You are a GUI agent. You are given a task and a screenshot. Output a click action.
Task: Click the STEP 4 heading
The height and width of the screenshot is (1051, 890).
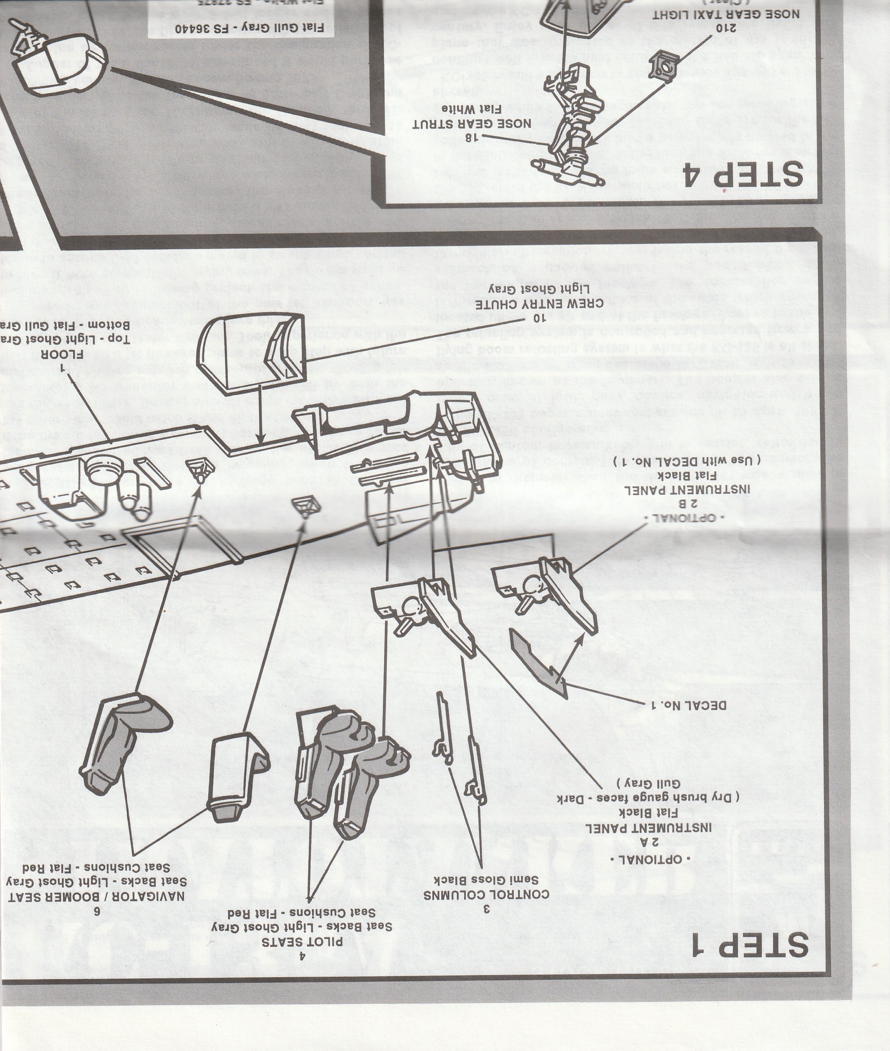coord(742,173)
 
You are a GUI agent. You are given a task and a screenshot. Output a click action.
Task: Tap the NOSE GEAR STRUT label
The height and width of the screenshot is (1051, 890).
coord(471,124)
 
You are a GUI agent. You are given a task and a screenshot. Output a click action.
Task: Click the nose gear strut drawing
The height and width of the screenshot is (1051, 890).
coord(575,126)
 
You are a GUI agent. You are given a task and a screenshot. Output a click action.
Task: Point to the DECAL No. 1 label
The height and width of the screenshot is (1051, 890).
coord(689,705)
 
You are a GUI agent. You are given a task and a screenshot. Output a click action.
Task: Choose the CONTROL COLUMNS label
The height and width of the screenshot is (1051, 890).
coord(486,894)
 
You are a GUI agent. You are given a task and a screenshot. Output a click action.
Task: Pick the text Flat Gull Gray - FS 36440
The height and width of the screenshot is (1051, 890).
coord(249,27)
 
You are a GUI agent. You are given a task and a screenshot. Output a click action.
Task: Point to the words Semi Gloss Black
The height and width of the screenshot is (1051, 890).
coord(486,880)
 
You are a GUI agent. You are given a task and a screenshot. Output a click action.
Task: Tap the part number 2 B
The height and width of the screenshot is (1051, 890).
coord(687,503)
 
